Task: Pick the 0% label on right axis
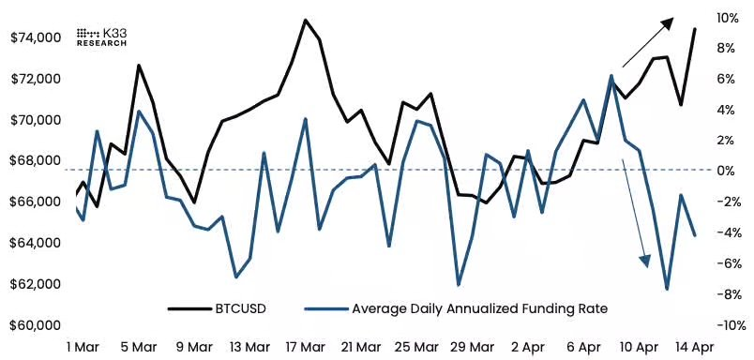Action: pyautogui.click(x=724, y=172)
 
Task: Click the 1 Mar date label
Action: pyautogui.click(x=83, y=347)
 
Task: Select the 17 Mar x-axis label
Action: pyautogui.click(x=306, y=347)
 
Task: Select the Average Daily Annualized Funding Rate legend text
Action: pyautogui.click(x=478, y=307)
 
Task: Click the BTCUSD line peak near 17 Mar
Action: pyautogui.click(x=306, y=20)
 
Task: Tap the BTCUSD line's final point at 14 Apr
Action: pyautogui.click(x=694, y=29)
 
